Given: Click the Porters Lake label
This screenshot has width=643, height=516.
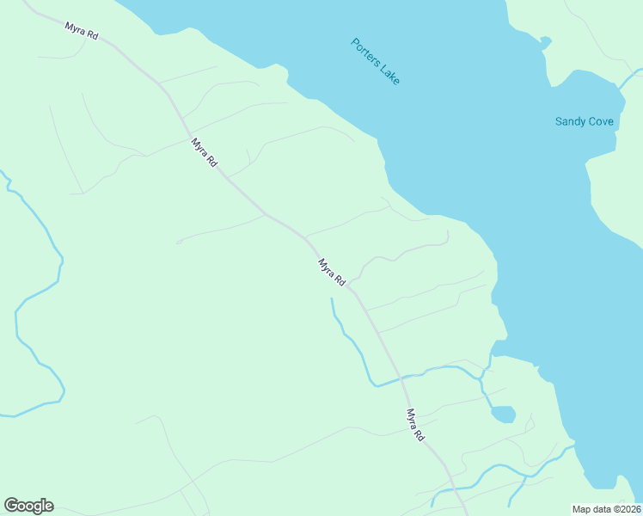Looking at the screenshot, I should click(376, 60).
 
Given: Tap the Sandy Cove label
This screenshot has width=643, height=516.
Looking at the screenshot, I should click(585, 121).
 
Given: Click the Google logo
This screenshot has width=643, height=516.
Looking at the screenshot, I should click(28, 506).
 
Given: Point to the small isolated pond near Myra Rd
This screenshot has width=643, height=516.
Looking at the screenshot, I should click(503, 415).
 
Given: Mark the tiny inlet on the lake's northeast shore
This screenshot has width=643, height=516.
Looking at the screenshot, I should click(545, 40).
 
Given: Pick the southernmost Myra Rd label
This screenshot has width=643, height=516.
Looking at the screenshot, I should click(416, 425).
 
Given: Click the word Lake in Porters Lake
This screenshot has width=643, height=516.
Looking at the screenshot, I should click(388, 72).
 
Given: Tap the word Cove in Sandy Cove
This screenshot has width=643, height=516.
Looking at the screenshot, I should click(601, 121).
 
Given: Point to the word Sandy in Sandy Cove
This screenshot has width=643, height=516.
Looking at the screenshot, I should click(569, 121).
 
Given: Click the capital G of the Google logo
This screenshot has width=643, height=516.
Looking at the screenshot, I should click(12, 506).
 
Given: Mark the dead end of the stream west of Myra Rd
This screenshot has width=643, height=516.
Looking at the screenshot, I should click(332, 299).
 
